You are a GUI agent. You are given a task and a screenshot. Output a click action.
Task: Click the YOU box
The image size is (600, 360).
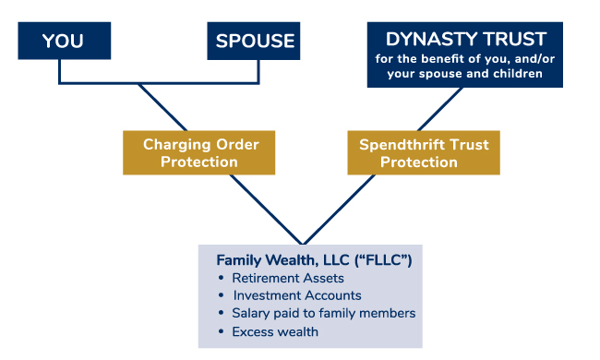click(63, 41)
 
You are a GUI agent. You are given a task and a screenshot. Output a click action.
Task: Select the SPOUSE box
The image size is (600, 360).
click(255, 41)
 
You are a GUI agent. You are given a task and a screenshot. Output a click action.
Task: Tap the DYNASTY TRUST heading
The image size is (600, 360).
click(466, 39)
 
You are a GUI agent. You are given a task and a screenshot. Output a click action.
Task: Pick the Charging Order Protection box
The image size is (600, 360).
click(200, 153)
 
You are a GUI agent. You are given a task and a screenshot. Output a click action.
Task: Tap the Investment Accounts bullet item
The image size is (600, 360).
click(296, 296)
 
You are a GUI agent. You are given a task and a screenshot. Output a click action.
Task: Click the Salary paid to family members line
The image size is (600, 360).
click(323, 314)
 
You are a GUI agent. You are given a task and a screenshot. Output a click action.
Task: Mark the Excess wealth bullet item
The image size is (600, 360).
click(275, 331)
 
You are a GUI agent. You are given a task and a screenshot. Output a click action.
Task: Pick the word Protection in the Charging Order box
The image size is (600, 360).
click(200, 162)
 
